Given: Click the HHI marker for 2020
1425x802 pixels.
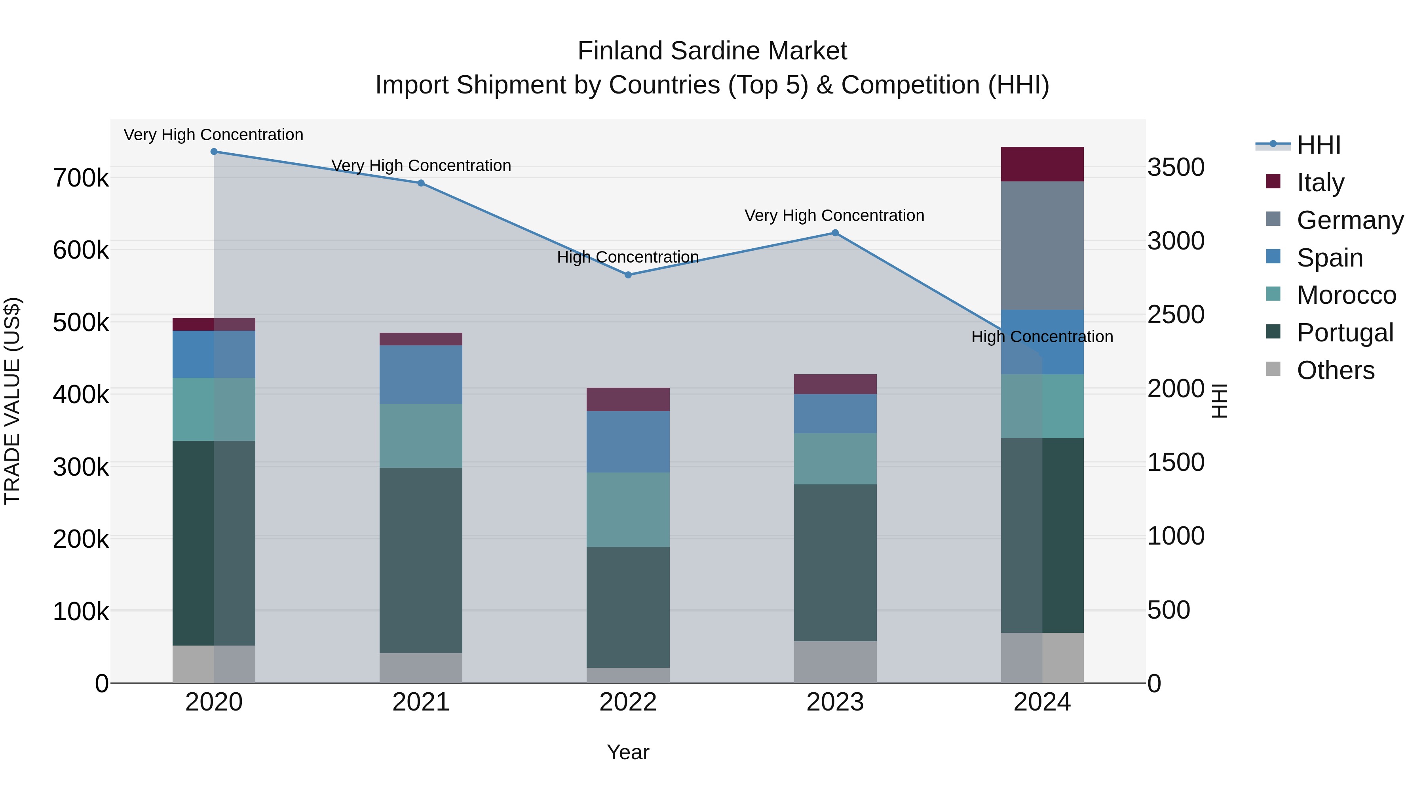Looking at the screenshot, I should coord(214,152).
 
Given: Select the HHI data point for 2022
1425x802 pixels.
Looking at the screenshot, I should coord(628,275).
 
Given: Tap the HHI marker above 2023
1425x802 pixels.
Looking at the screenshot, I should coord(835,233).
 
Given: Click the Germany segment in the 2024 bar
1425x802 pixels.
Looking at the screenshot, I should coord(1042,245).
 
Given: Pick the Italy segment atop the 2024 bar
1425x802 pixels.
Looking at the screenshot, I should coord(1042,164).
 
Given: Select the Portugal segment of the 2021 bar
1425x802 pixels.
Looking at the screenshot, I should coord(421,560).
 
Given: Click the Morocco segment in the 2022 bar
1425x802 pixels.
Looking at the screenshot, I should coord(628,510).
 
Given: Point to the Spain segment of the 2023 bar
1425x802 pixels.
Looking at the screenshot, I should coord(835,413).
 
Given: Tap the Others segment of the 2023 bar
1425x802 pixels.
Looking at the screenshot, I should coord(835,662).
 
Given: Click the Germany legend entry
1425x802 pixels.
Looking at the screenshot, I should coord(1350,220).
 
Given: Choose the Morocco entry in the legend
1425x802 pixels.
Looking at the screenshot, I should coord(1346,295).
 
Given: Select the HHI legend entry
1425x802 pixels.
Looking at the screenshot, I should coord(1318,145).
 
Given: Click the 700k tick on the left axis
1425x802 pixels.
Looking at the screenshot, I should coord(81,178).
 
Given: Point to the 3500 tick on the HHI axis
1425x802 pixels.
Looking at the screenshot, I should coord(1176,167).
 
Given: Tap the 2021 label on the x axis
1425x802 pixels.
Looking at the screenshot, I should coord(421,702).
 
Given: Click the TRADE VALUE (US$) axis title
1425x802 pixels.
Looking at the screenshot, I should coord(13,401).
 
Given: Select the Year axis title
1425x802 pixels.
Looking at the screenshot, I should coord(628,752).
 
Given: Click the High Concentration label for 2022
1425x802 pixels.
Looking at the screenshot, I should coord(628,257).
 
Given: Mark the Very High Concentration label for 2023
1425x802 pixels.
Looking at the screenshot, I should coord(834,215).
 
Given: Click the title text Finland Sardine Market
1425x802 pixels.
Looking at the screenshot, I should coord(712,51).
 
